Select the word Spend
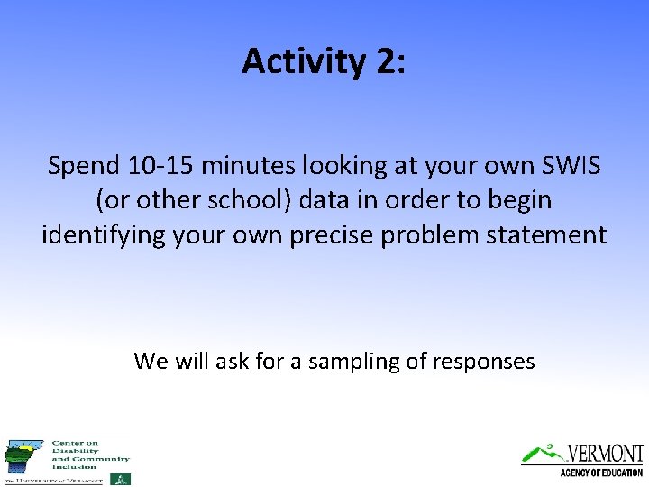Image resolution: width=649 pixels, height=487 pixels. (x=82, y=166)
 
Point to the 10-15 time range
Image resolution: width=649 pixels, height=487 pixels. (x=160, y=166)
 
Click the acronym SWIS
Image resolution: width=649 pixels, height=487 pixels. (x=566, y=166)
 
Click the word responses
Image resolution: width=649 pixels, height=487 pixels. (x=483, y=363)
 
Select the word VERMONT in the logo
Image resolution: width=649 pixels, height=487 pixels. (x=606, y=452)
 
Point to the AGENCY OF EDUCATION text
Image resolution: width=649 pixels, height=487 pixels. (x=601, y=473)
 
